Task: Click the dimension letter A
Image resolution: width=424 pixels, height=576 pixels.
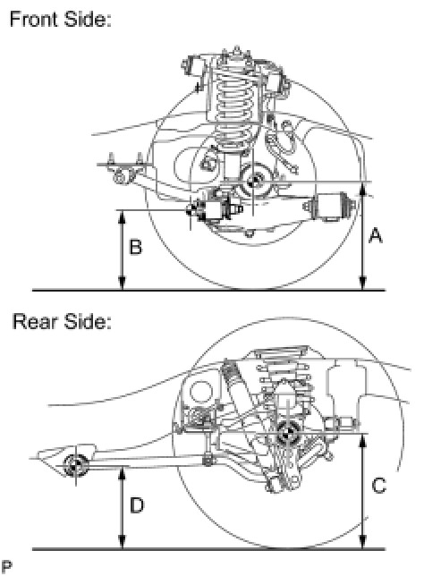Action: (375, 236)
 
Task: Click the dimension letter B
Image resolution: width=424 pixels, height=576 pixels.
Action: (136, 247)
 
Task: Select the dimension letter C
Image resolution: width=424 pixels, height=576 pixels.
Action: (378, 486)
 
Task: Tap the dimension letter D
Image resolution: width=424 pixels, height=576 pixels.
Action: (137, 505)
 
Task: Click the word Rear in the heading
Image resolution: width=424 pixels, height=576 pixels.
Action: (35, 321)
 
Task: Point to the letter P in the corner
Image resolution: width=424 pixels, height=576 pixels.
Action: (6, 566)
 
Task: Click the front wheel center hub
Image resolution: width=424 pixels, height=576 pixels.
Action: (253, 180)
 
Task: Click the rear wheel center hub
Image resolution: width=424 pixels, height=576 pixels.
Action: (287, 435)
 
